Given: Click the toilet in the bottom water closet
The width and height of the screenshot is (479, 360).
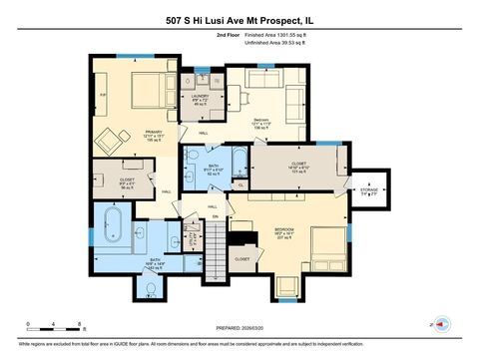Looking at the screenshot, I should pos(150,289).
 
